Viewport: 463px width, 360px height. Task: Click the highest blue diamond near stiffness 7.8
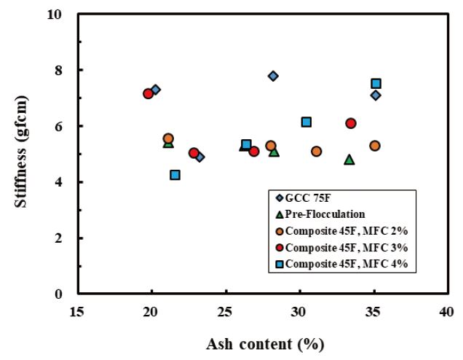[273, 76]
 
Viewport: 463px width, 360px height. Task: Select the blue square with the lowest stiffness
[175, 175]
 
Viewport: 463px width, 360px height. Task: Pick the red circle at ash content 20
[149, 93]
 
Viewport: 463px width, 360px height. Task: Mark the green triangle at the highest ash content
[349, 159]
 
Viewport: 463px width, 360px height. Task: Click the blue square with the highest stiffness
[376, 84]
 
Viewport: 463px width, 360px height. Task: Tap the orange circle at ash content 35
[375, 146]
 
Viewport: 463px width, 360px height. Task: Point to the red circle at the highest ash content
[351, 123]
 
